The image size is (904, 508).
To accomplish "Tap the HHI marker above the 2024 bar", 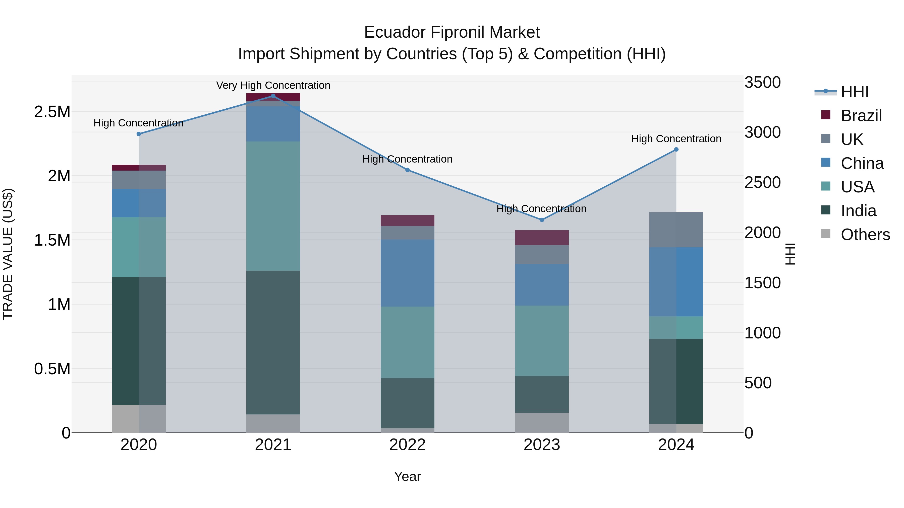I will click(x=676, y=150).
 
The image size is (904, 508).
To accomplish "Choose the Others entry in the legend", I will click(x=865, y=235).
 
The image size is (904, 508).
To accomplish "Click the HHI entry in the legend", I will click(x=855, y=92).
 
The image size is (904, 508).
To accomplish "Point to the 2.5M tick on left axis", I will click(x=52, y=112).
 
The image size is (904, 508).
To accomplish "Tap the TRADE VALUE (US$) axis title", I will click(x=8, y=254).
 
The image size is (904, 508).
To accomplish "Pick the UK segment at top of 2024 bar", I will click(x=676, y=230).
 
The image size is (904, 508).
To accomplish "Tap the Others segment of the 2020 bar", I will click(x=139, y=419).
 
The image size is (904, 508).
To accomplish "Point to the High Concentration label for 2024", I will click(x=676, y=139).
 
